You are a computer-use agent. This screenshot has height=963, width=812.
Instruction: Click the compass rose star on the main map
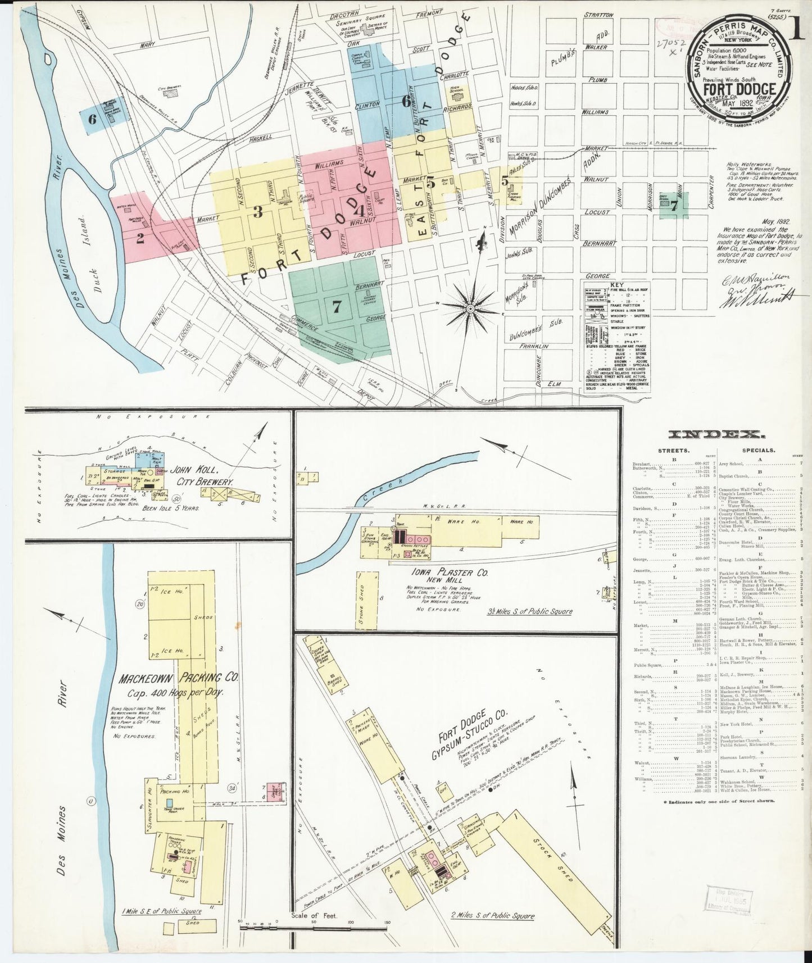[x=471, y=307]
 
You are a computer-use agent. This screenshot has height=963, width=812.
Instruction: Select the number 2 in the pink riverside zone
[x=140, y=238]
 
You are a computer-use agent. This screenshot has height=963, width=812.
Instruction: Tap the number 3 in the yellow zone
[x=258, y=212]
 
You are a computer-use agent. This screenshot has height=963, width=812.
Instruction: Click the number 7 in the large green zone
[x=336, y=306]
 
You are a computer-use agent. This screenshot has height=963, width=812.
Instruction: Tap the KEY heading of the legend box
[x=617, y=285]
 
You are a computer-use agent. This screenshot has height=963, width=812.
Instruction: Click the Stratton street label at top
[x=598, y=15]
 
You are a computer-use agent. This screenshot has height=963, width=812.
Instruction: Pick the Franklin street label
[x=533, y=347]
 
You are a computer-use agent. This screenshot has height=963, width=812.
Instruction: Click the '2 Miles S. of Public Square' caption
[x=493, y=916]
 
